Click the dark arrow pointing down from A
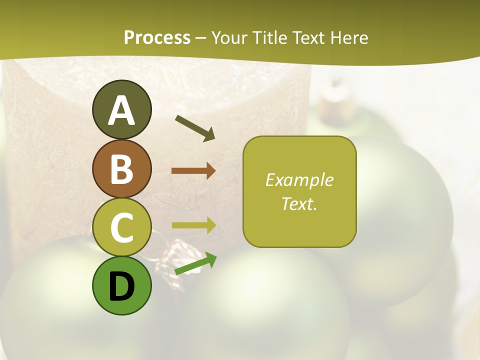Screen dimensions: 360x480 click(x=195, y=128)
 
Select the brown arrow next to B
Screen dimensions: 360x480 click(x=193, y=170)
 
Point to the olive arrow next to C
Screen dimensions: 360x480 click(x=193, y=225)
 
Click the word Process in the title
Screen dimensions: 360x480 click(x=157, y=37)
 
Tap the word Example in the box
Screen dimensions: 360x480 click(x=299, y=180)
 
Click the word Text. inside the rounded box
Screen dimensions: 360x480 click(x=299, y=203)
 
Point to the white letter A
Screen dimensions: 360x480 click(x=121, y=110)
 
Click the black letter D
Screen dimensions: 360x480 click(x=121, y=287)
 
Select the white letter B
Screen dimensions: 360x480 click(x=121, y=169)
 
